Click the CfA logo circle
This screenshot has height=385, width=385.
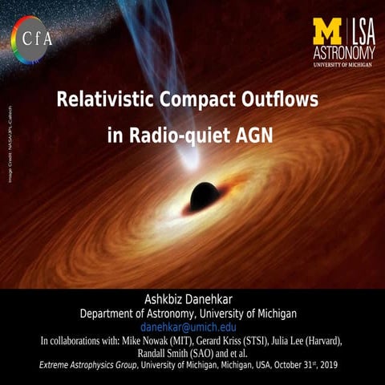[31, 37]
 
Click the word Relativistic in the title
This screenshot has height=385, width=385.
[105, 100]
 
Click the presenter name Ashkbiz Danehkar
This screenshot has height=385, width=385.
[192, 299]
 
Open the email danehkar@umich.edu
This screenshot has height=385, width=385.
[192, 327]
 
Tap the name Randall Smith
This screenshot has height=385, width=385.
[157, 353]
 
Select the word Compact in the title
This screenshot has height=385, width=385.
[201, 100]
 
